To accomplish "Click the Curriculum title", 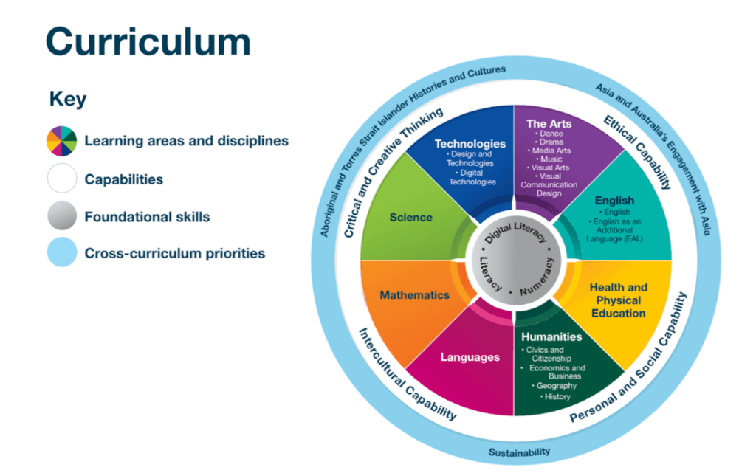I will point(148,42).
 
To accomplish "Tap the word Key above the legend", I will point(67,99).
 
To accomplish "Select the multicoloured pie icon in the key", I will point(61,140).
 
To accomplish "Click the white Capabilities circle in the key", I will point(61,179).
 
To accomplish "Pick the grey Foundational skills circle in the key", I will point(61,217).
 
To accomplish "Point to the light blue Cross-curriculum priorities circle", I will point(61,253).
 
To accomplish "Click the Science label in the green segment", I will point(411,217).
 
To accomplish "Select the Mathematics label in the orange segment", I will point(414,295).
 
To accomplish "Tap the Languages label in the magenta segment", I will point(470,357).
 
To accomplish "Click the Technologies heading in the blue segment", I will point(470,144).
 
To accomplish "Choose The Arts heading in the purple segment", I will point(549,123).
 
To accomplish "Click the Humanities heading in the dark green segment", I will point(551,336).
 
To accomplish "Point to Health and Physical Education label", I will point(619,300).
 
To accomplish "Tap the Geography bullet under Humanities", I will point(555,386).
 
